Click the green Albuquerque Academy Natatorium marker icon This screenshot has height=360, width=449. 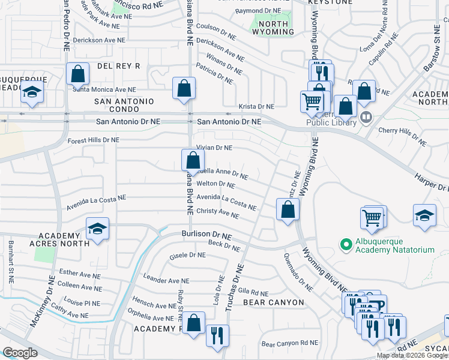click(345, 244)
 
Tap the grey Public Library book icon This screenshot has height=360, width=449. click(366, 115)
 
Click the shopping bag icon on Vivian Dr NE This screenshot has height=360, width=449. click(192, 161)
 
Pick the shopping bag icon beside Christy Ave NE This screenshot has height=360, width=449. click(288, 210)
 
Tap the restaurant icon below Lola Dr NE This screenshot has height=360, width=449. click(217, 335)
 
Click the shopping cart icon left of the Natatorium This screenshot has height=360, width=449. click(373, 218)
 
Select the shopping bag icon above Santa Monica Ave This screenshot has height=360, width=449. click(78, 74)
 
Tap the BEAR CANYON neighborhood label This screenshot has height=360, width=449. click(274, 302)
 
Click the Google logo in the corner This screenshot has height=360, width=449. click(20, 352)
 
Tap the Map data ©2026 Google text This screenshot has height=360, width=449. click(412, 355)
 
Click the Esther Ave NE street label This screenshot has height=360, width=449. click(79, 274)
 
